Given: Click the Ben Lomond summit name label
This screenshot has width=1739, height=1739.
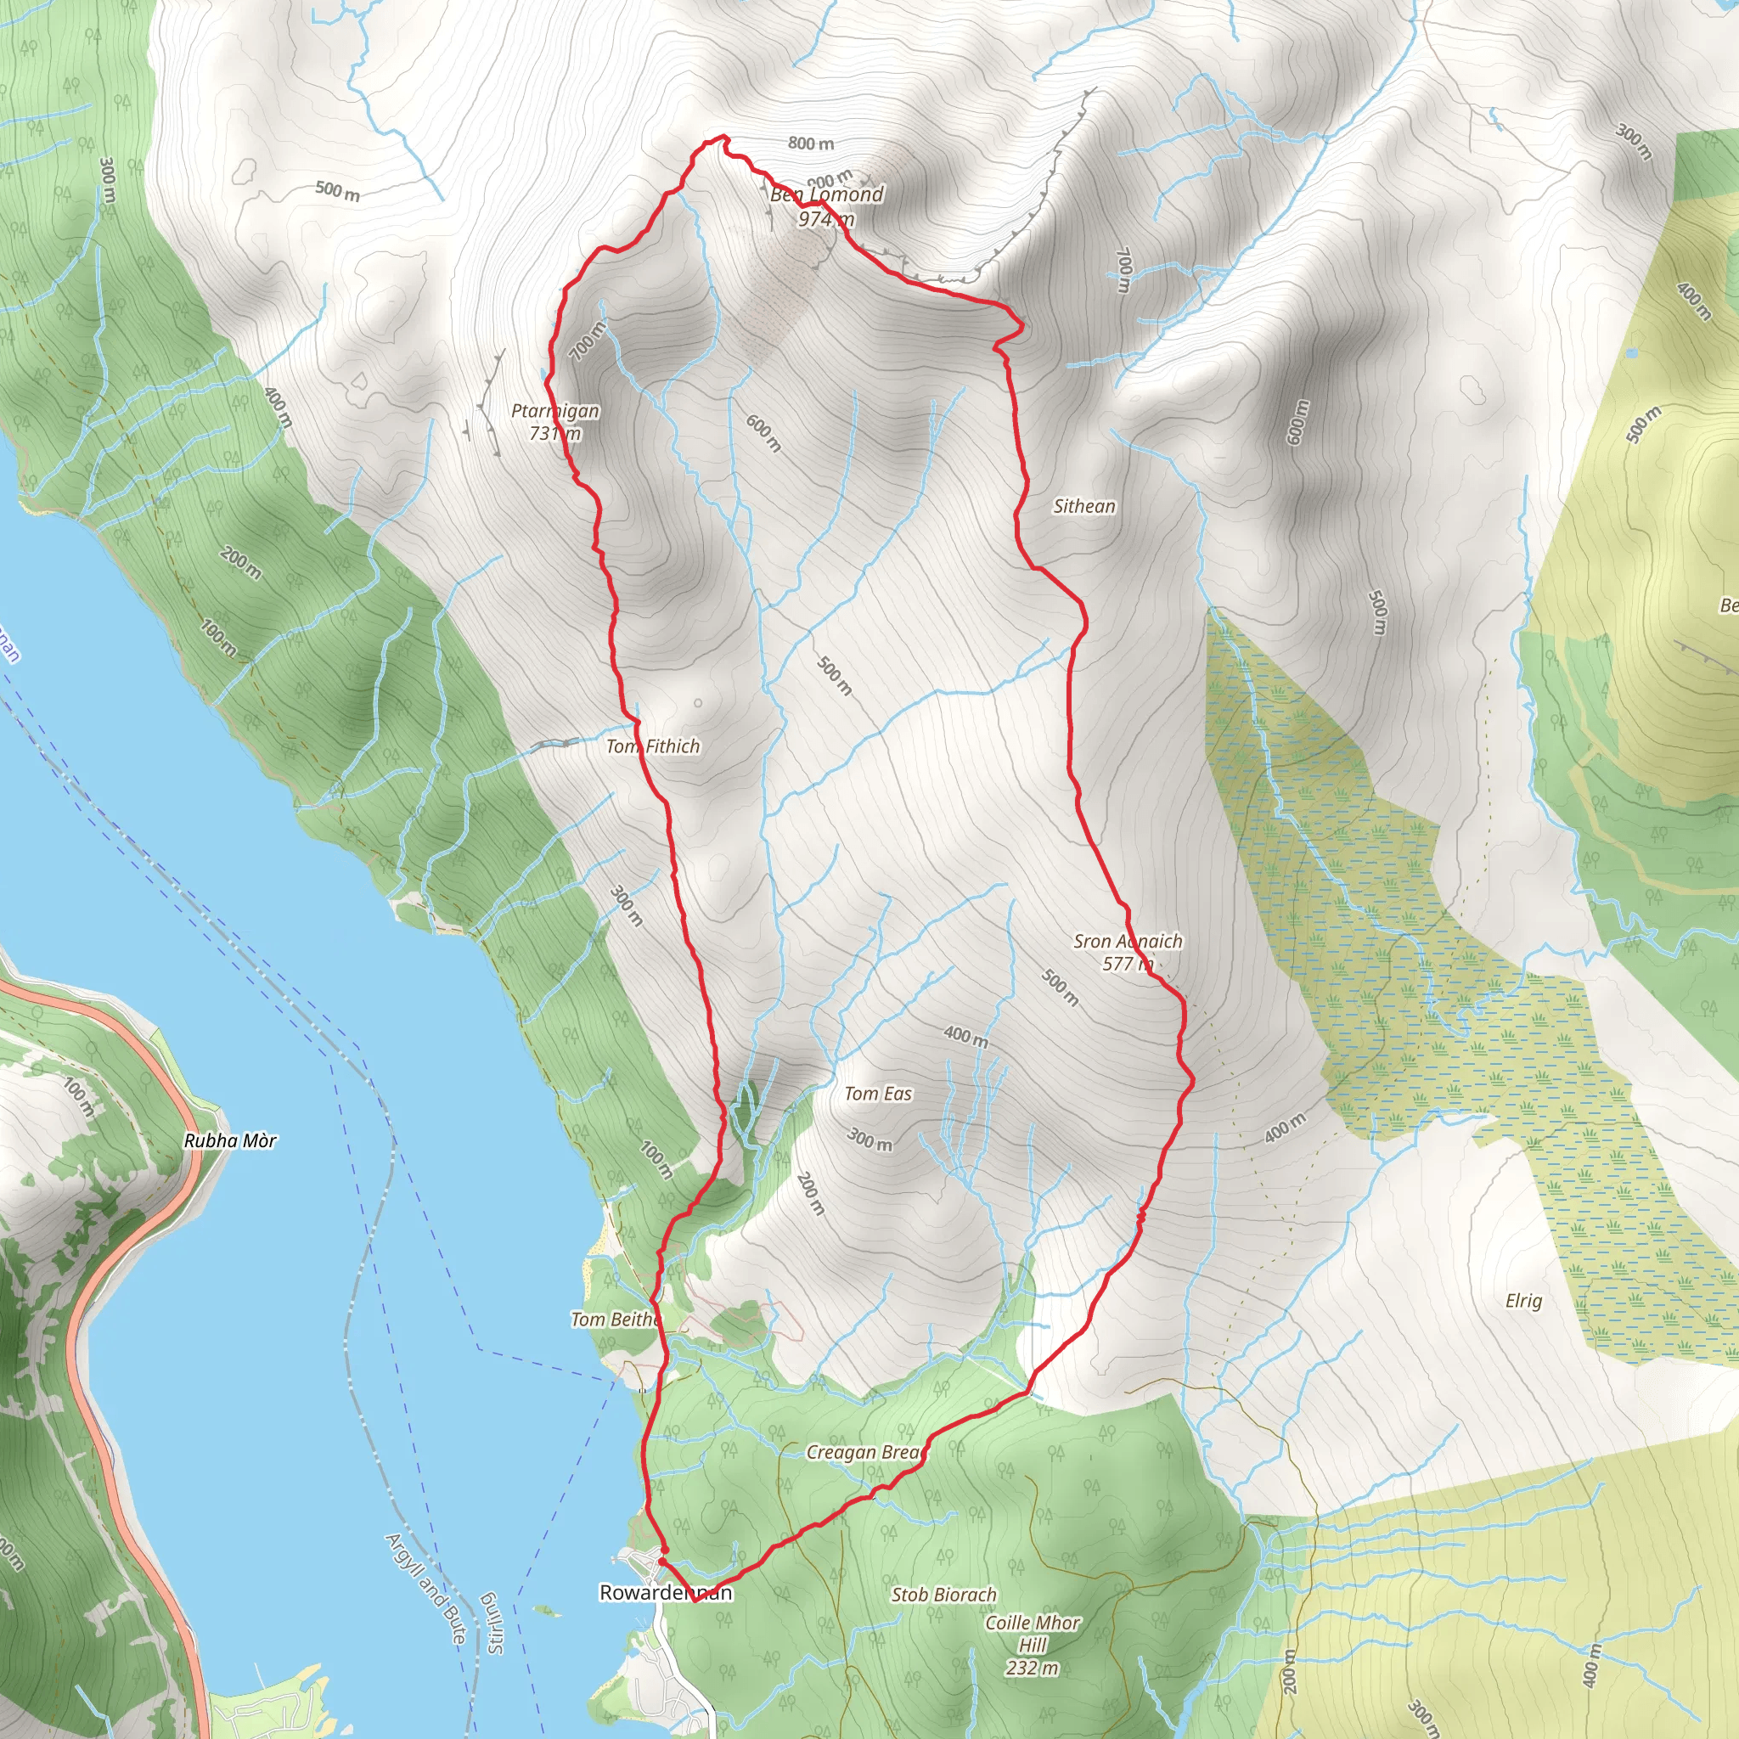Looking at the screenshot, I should tap(826, 194).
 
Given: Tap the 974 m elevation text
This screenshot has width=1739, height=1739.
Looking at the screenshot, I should tap(825, 219).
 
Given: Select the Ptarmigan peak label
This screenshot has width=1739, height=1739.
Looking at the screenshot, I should tap(555, 411).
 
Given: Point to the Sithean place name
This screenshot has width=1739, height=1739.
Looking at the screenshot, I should tap(1084, 507).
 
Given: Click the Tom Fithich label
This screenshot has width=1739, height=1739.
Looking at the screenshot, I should tap(653, 746).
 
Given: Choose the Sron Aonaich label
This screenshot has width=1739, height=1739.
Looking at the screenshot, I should tap(1128, 942).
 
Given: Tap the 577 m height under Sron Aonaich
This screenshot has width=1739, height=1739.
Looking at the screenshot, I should tap(1127, 964).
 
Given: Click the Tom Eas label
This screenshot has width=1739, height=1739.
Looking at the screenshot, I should tap(878, 1094).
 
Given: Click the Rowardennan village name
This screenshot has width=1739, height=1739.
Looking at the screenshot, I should tap(666, 1592).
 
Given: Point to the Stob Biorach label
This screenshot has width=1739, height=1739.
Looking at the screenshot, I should tap(944, 1595).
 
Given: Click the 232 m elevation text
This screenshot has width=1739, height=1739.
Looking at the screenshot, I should tap(1033, 1668).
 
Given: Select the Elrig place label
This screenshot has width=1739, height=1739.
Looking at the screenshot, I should tap(1524, 1301).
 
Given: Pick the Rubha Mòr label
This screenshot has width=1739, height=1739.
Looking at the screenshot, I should tap(230, 1141).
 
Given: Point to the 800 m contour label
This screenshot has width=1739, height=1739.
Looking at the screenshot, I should tap(811, 144).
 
